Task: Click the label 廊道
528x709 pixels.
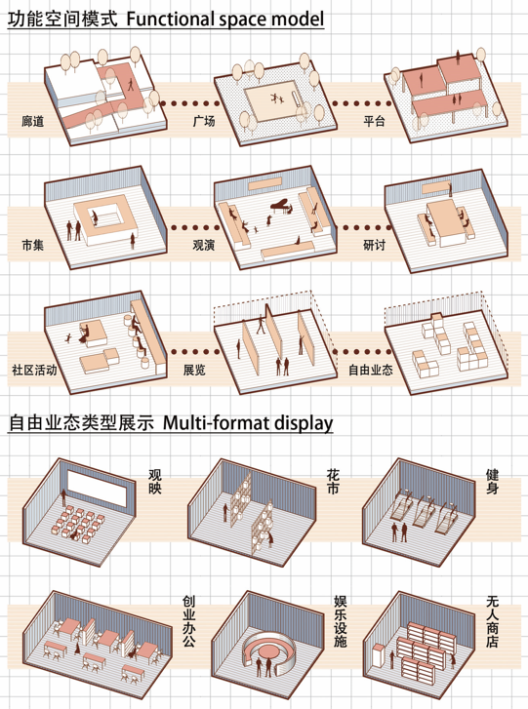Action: pos(32,121)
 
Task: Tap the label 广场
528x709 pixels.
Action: pos(204,121)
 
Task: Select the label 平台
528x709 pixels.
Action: pos(374,121)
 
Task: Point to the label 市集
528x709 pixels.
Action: pos(32,245)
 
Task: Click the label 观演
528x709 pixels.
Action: pos(204,245)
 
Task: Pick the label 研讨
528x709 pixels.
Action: pos(374,245)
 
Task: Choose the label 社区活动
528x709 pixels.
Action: pos(34,370)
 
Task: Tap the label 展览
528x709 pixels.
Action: pos(194,370)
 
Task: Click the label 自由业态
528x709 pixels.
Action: pos(371,370)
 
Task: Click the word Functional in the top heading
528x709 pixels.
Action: pos(170,19)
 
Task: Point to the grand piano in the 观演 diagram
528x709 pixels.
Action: pos(281,206)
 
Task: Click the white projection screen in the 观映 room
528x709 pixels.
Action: pos(97,489)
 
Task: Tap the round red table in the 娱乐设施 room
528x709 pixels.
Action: pos(269,651)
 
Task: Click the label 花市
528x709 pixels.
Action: pos(333,482)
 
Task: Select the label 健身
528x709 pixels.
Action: pos(492,482)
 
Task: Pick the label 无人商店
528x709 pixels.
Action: pos(492,621)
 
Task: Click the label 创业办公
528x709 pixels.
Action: pos(188,621)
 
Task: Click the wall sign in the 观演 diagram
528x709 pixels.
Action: pos(265,183)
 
